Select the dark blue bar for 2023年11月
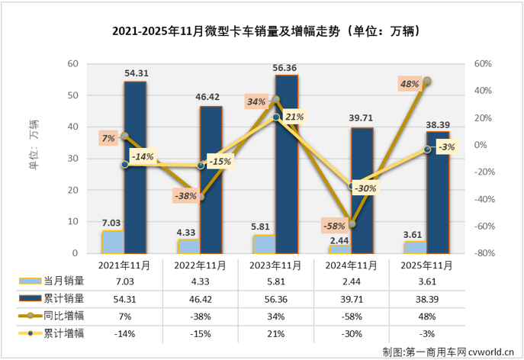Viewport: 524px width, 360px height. click(x=287, y=164)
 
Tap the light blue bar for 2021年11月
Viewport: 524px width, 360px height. click(x=113, y=242)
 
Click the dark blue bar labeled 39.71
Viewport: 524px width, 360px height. click(x=362, y=191)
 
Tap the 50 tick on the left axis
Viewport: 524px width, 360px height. click(x=73, y=95)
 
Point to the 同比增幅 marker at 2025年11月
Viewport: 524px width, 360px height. click(x=427, y=80)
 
